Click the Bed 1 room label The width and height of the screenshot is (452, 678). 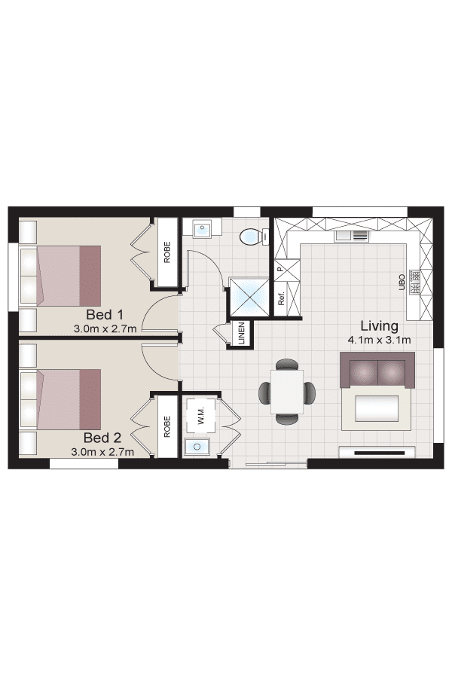(105, 314)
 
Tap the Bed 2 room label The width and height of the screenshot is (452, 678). (102, 438)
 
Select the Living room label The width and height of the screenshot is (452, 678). (380, 325)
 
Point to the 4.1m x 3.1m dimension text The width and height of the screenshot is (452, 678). (380, 340)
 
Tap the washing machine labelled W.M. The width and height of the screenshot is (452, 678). (200, 416)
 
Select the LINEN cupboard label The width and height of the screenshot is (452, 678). (241, 334)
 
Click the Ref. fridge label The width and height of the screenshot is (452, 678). (281, 298)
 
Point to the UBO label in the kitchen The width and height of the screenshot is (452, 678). (402, 282)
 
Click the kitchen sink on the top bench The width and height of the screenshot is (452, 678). (351, 236)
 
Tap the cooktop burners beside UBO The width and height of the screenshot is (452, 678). (415, 282)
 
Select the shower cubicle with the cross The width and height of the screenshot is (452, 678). (249, 297)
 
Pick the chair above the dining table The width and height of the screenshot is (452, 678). (287, 365)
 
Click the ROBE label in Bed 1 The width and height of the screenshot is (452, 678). (167, 252)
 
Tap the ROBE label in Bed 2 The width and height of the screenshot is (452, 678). (167, 427)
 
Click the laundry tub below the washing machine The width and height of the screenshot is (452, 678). (197, 446)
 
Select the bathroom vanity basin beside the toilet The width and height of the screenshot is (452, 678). (202, 228)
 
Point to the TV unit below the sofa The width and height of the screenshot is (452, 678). (377, 452)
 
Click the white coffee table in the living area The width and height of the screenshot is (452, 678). (377, 408)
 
